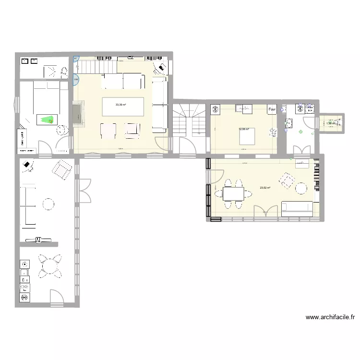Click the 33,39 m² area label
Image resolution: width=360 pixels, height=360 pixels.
[x=120, y=105]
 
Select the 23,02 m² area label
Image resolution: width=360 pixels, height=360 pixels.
[x=264, y=188]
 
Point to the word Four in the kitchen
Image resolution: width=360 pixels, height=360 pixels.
[x=272, y=109]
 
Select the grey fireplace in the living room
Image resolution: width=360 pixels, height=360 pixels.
[x=77, y=113]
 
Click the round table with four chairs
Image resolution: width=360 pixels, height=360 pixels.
[x=50, y=266]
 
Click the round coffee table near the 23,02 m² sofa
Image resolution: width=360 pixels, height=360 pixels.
[x=301, y=189]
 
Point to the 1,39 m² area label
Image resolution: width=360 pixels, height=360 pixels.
[x=331, y=123]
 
